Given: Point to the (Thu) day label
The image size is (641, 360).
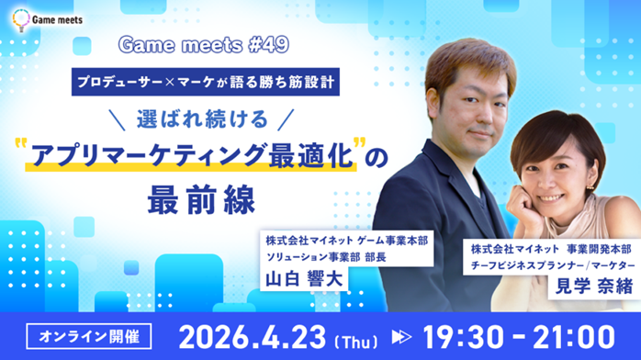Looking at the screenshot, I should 364,338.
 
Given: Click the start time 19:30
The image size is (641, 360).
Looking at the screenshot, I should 466,334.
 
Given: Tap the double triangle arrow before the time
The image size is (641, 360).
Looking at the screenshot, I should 405,336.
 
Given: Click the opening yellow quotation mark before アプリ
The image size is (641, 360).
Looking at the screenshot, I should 20,146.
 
